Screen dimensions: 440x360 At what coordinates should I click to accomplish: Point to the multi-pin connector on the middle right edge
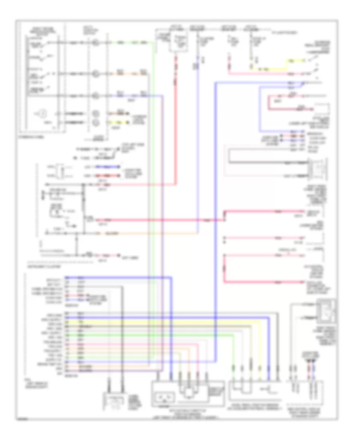point(312,168)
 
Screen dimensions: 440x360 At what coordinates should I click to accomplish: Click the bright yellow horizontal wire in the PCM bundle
point(160,321)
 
